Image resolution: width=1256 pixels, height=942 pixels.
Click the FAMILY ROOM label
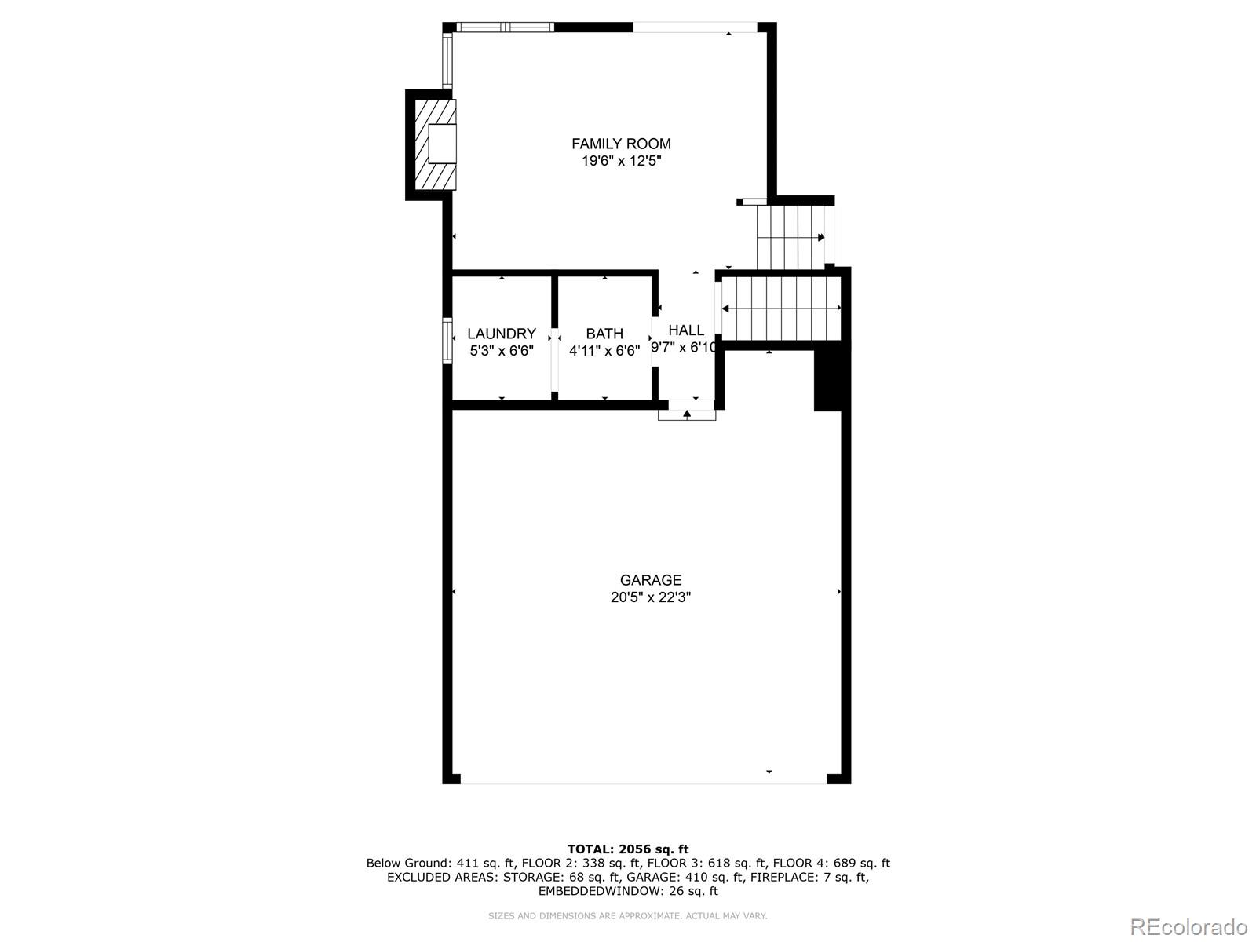(621, 144)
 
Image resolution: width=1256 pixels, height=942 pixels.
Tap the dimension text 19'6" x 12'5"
(621, 162)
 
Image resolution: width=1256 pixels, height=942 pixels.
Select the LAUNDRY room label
(501, 334)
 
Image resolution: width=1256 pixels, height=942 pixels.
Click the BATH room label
(604, 334)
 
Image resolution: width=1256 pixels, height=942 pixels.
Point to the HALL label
(686, 330)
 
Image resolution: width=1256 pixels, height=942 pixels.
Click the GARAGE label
(650, 580)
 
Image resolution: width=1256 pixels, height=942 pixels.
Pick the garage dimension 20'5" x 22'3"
(650, 597)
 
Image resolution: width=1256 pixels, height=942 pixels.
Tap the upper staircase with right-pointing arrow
(790, 236)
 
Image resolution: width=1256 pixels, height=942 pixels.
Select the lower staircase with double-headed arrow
(781, 308)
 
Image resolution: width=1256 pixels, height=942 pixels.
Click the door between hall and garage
(687, 410)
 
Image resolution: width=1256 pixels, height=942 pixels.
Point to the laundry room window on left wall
(447, 340)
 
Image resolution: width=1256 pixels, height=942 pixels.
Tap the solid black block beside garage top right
(827, 379)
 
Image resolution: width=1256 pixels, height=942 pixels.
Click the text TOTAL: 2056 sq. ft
(627, 849)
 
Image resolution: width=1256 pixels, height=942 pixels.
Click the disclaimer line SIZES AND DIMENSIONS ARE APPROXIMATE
(627, 915)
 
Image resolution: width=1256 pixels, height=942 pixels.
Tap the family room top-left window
(506, 27)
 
